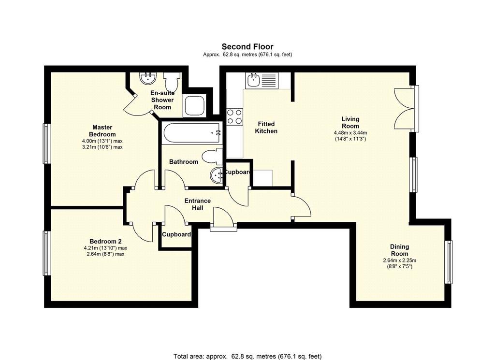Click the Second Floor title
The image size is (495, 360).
[x=247, y=47]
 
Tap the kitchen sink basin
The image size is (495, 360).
[x=253, y=80]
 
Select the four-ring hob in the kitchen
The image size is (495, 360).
[x=234, y=116]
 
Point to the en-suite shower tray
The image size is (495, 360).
[x=195, y=105]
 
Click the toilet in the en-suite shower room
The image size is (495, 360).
[x=172, y=82]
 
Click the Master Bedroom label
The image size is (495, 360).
[x=102, y=130]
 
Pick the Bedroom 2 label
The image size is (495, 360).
[x=105, y=241]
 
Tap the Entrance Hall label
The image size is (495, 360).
[x=197, y=204]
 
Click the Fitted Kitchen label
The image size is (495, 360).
[x=266, y=128]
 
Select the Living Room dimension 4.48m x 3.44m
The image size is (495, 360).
[x=350, y=133]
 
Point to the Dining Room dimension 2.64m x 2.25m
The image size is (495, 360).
[x=400, y=260]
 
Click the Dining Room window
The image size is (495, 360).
[x=448, y=262]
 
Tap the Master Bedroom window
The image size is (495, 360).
[x=47, y=144]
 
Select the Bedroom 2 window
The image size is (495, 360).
[x=47, y=253]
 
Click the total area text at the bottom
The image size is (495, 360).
[x=247, y=357]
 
